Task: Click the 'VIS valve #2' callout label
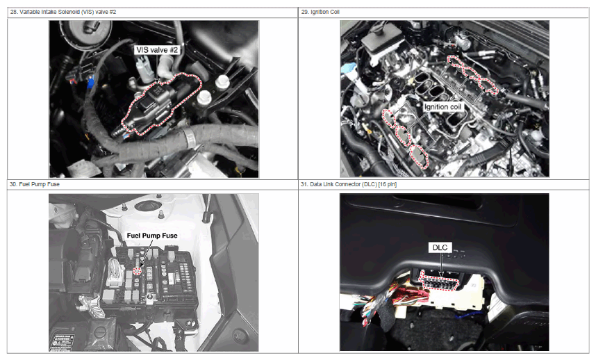click(x=157, y=50)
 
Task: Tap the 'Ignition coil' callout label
click(x=442, y=107)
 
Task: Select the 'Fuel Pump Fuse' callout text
click(x=152, y=236)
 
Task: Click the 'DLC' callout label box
click(x=440, y=247)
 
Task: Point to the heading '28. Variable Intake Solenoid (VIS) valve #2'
click(x=63, y=13)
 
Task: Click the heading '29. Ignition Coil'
click(x=320, y=13)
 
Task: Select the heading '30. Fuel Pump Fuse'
click(x=35, y=184)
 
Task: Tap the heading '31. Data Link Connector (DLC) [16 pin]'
click(x=349, y=184)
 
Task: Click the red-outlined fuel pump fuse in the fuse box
click(x=138, y=270)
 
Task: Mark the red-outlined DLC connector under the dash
click(x=438, y=281)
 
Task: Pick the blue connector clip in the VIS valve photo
click(x=90, y=82)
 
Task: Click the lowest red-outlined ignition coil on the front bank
click(x=419, y=156)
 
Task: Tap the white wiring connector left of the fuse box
click(x=115, y=272)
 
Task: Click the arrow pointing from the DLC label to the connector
click(x=441, y=265)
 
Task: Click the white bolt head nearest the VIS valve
click(x=204, y=97)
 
